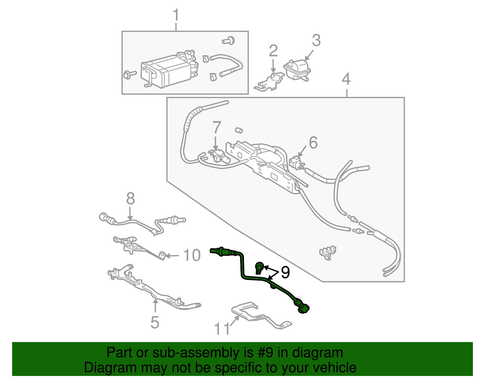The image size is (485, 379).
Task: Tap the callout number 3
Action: [x=316, y=40]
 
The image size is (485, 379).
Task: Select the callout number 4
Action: [x=346, y=79]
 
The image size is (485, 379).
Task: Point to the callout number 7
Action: [x=216, y=127]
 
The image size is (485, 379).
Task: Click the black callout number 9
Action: [x=285, y=272]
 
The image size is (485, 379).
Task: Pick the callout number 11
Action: [x=222, y=329]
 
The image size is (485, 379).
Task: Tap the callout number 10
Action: [x=192, y=255]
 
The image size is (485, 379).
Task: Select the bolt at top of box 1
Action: [x=229, y=40]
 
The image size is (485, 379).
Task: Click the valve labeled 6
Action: [x=296, y=162]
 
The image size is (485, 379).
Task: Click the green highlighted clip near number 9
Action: [x=259, y=267]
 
